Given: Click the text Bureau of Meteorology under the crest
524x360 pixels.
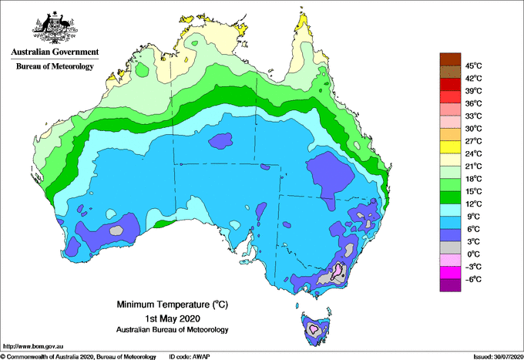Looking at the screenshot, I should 55,67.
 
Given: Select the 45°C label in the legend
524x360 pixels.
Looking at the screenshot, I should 473,66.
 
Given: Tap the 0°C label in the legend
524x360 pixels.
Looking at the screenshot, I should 472,254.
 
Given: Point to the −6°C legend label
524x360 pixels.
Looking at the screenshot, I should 472,279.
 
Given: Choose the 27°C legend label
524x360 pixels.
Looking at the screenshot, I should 473,141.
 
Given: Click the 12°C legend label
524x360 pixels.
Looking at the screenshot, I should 473,204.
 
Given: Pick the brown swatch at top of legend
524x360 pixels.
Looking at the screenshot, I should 448,59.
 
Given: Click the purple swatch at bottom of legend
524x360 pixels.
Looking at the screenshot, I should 448,285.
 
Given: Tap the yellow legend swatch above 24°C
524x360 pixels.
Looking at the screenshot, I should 448,146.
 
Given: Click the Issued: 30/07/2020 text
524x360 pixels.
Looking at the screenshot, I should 494,356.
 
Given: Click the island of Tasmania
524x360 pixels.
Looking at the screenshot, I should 316,329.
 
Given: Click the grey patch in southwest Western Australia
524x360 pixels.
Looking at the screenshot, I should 116,229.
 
